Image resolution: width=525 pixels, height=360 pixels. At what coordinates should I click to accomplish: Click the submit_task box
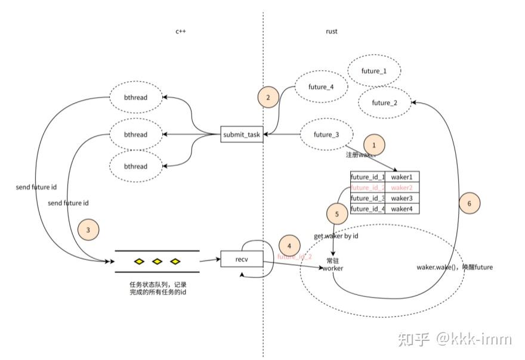tap(242, 135)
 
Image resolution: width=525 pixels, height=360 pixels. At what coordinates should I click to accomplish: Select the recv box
tap(242, 259)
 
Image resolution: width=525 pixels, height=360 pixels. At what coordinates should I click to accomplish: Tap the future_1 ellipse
tap(373, 72)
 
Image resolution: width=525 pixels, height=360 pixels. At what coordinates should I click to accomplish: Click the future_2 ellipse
tap(384, 103)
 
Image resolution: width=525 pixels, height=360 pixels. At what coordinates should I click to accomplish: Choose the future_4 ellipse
tap(321, 87)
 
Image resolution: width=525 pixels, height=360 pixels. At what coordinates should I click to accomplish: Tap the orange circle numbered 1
tap(374, 144)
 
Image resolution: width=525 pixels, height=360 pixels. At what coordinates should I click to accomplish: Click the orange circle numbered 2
tap(268, 98)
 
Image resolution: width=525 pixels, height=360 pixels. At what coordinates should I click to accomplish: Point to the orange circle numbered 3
tap(88, 229)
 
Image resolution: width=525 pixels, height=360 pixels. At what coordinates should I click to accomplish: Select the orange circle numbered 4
tap(289, 246)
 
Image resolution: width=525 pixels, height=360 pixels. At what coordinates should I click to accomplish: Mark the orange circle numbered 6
tap(470, 203)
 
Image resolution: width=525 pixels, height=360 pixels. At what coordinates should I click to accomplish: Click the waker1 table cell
tap(402, 177)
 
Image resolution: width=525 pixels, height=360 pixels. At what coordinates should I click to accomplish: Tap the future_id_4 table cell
tap(367, 209)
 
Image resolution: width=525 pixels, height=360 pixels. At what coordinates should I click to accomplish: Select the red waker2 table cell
tap(402, 188)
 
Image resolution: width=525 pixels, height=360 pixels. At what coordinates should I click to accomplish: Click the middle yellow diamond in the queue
tap(157, 261)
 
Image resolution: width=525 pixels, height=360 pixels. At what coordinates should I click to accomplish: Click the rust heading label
tap(331, 32)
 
